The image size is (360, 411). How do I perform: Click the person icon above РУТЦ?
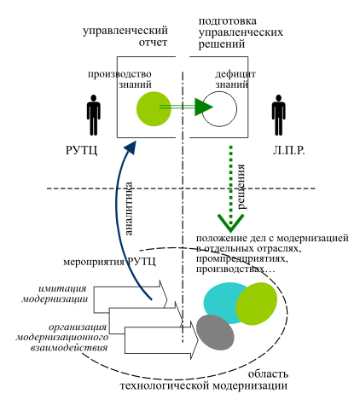click(93, 115)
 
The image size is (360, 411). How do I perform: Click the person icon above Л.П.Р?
click(278, 115)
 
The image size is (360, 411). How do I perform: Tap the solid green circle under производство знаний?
click(154, 109)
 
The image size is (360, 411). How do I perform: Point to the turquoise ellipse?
click(224, 303)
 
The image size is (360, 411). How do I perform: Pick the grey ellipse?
click(215, 333)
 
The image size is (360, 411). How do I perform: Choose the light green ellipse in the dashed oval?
click(257, 304)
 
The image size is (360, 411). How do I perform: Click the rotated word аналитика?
click(129, 209)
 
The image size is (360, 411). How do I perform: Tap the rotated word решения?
click(241, 187)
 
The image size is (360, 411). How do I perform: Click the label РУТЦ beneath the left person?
click(81, 150)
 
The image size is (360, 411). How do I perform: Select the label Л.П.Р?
click(289, 150)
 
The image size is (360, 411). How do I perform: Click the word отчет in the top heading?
click(153, 43)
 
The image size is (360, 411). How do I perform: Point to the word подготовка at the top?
click(228, 21)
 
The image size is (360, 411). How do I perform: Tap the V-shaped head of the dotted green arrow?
click(230, 223)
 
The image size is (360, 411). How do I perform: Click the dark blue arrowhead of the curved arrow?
click(131, 148)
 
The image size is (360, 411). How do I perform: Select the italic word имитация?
click(62, 288)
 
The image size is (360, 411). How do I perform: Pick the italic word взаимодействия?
click(69, 347)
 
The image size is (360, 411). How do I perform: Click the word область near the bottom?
click(268, 374)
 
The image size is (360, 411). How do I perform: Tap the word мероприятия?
click(94, 263)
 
